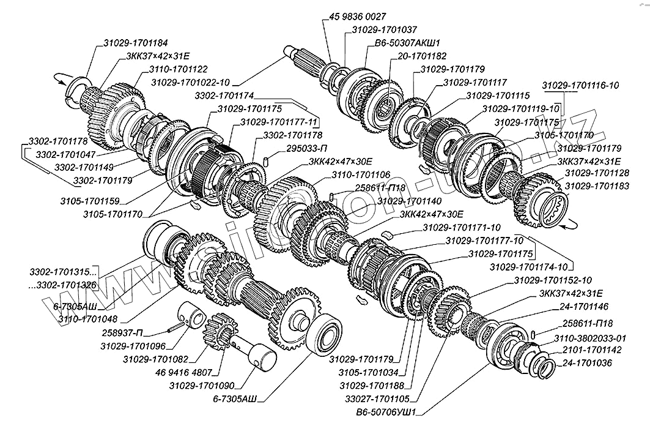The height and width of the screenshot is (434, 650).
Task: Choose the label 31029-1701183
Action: click(x=596, y=185)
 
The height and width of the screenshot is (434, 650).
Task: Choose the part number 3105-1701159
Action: click(x=90, y=200)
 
